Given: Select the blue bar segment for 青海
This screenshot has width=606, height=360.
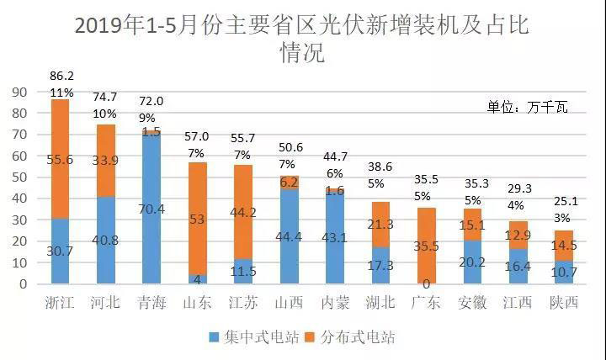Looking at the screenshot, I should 151,210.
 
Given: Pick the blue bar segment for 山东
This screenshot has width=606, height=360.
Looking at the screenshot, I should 197,279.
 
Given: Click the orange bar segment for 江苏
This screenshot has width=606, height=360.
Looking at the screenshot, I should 242,212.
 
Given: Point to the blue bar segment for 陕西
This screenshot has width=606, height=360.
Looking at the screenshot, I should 517,273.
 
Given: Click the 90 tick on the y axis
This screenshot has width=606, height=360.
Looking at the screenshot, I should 18,92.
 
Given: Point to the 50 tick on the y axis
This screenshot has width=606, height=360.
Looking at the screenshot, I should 18,177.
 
